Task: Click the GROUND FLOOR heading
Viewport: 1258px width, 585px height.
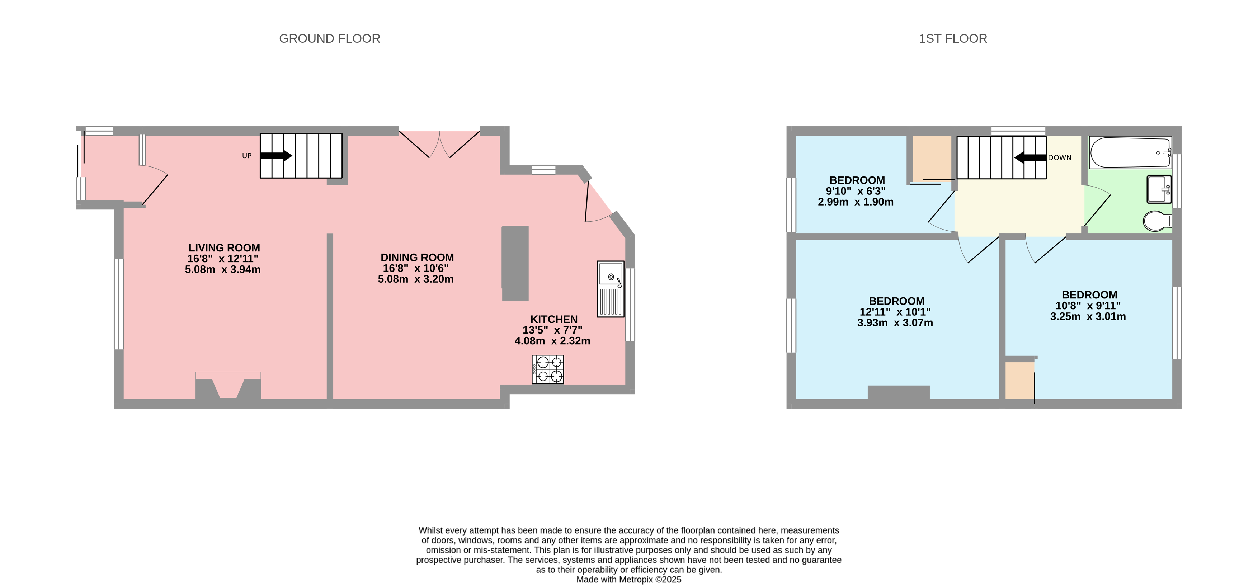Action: coord(330,39)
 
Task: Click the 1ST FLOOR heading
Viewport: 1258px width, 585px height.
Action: coord(952,39)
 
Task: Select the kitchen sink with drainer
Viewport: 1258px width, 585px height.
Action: coord(611,289)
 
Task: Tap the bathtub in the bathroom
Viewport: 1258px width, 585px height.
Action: coord(1130,152)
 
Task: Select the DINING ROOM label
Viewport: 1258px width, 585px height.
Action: coord(417,257)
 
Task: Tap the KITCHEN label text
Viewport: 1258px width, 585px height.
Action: coord(554,319)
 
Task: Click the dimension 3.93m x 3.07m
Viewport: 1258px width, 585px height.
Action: coord(895,323)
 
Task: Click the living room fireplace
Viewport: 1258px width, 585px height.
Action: coord(228,386)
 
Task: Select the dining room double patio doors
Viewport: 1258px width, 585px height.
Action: coord(439,144)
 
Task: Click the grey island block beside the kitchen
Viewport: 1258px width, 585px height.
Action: coord(515,263)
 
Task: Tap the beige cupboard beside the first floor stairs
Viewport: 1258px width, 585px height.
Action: coord(932,158)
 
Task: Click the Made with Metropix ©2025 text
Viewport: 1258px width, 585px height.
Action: coord(628,580)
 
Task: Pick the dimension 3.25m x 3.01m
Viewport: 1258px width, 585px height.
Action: coord(1088,316)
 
